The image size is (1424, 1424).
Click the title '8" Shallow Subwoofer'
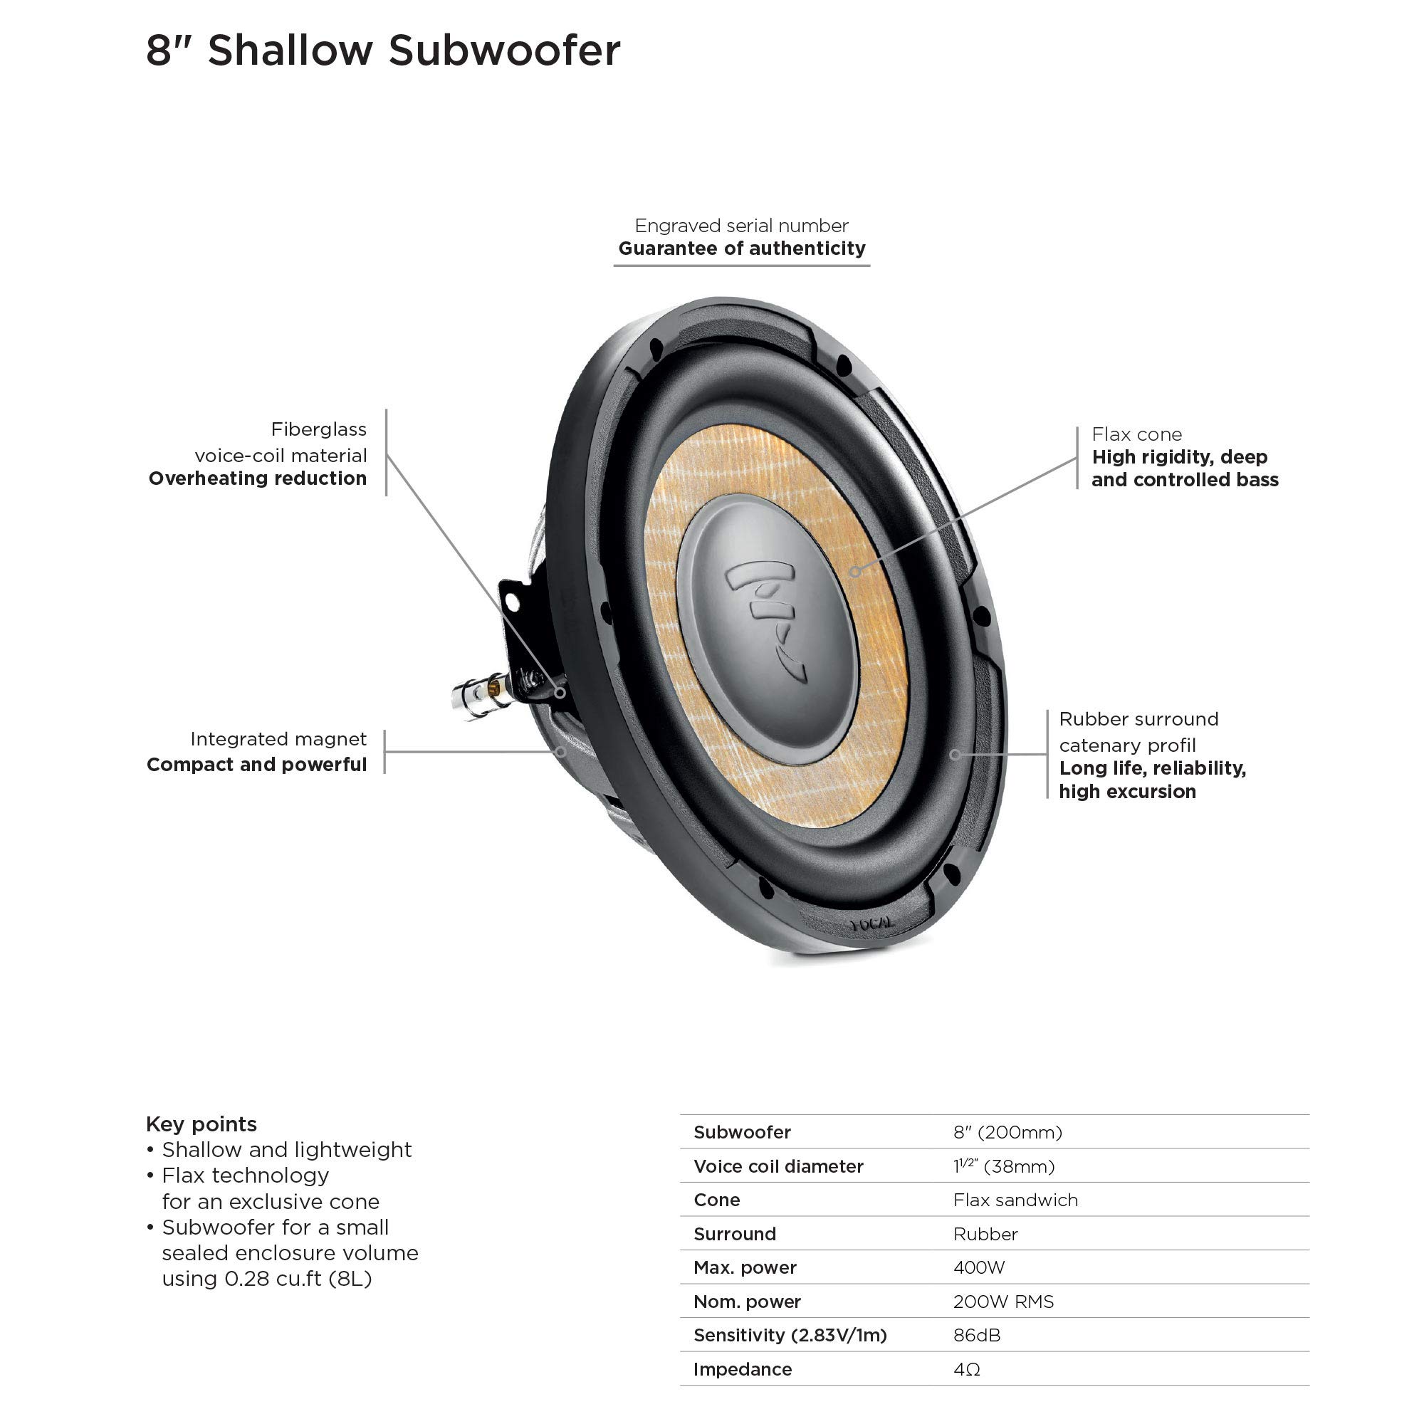click(x=382, y=51)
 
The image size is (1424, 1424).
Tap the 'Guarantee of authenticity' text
click(x=741, y=248)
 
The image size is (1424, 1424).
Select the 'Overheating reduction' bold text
click(x=257, y=478)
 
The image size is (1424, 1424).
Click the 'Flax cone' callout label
click(x=1136, y=434)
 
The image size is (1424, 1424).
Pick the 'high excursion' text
click(x=1127, y=792)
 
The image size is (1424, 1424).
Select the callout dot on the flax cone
click(x=855, y=571)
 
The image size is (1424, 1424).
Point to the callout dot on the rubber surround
click(x=955, y=755)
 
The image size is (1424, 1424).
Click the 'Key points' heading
click(x=201, y=1124)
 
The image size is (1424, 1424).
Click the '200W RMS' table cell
click(x=1003, y=1302)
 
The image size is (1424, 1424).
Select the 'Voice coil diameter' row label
click(x=778, y=1167)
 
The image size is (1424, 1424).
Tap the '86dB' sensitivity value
click(x=977, y=1336)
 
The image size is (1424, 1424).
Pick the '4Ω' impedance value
click(x=966, y=1369)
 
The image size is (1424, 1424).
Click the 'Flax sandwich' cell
click(x=1015, y=1200)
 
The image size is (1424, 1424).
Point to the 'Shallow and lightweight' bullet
click(x=287, y=1150)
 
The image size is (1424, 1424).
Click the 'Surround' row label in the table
click(x=735, y=1234)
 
